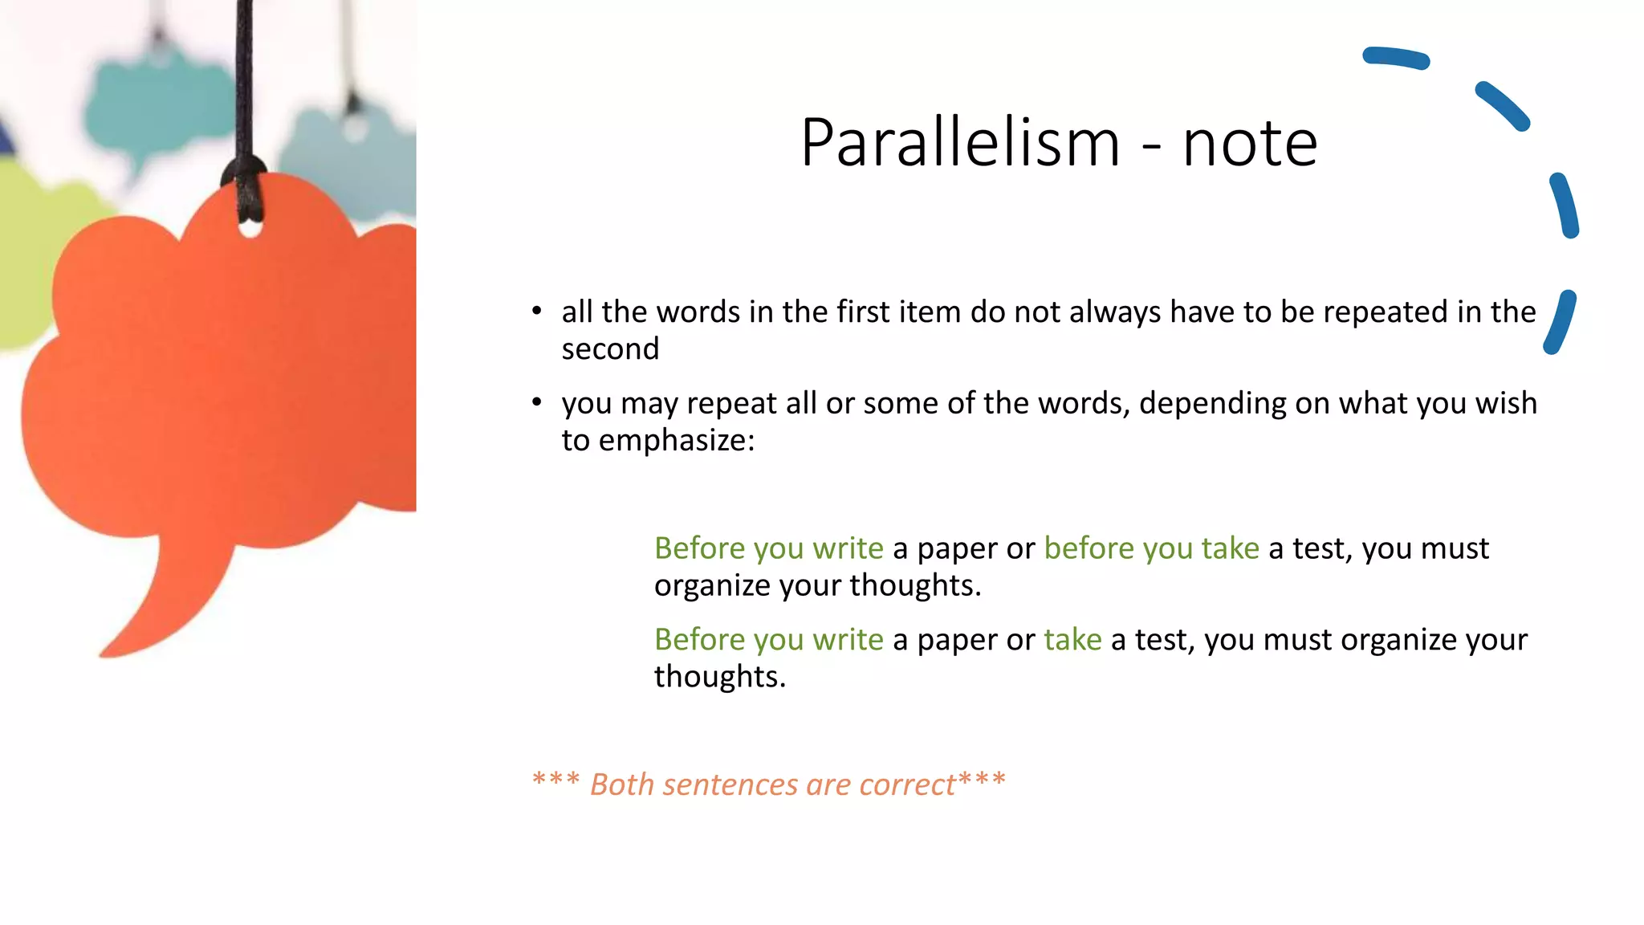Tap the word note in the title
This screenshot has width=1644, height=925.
(x=1250, y=145)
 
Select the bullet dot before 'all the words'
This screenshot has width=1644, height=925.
(x=537, y=311)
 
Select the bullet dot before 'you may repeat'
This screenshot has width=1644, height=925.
(x=537, y=401)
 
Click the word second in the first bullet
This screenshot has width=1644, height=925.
(x=610, y=349)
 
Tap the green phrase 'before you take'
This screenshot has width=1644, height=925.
(x=1151, y=548)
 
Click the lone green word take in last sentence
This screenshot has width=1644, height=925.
(x=1072, y=640)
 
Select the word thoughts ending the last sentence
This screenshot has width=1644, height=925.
(x=719, y=677)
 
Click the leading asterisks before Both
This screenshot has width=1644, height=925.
(x=555, y=780)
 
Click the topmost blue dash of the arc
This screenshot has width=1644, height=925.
(x=1396, y=58)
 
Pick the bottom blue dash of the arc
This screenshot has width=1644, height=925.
(x=1560, y=321)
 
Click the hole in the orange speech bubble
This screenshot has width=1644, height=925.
(x=250, y=230)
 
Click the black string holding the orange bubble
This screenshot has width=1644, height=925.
(x=245, y=80)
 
